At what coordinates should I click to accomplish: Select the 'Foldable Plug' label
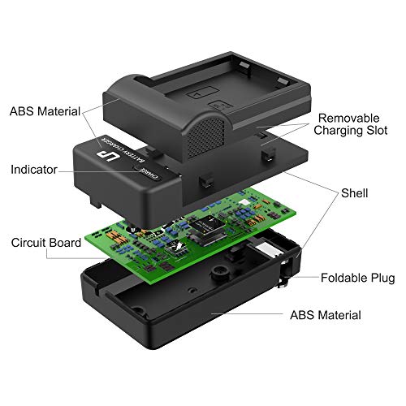tap(357, 279)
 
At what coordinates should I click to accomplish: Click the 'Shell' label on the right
tap(355, 193)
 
